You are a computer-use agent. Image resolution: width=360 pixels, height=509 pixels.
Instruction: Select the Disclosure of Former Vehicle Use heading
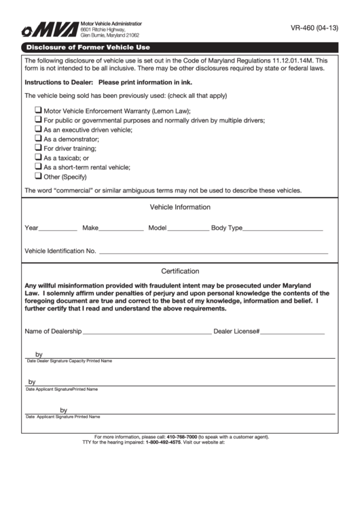88,48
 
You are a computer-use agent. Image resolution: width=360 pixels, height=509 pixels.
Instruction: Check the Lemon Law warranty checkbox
38,110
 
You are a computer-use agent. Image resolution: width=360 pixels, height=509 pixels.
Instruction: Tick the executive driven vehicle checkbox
38,128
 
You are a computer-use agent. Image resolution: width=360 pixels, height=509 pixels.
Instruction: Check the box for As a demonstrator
38,138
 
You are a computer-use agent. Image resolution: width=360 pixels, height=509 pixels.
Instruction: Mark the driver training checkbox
38,147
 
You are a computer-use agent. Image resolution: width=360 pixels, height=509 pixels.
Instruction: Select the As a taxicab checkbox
38,156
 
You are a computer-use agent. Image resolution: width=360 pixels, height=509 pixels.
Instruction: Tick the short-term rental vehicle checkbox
38,166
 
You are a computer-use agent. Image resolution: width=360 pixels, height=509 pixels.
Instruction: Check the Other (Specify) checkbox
38,175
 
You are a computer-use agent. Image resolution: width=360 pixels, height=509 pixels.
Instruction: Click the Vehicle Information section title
180,207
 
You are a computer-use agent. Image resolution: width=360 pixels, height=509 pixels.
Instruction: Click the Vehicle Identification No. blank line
213,252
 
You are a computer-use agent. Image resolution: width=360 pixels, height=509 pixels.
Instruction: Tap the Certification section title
180,270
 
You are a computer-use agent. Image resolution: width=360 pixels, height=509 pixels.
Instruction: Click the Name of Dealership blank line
147,333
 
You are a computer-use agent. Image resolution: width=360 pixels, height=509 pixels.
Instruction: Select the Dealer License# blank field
293,333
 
